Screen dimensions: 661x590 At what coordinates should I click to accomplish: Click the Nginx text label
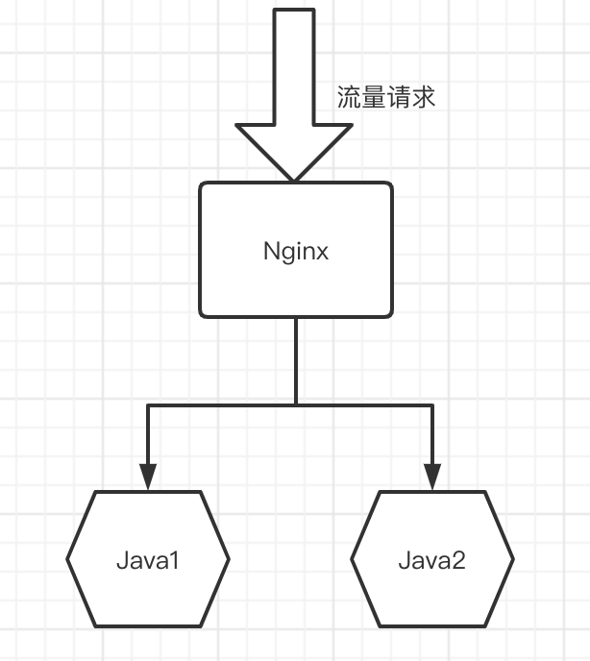click(x=296, y=252)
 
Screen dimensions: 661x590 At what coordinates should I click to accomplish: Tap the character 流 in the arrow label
click(x=349, y=97)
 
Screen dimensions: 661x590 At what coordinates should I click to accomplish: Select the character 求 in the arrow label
click(x=424, y=97)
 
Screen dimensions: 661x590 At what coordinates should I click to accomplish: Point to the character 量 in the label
click(x=374, y=97)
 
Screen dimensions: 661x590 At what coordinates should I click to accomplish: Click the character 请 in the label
click(x=399, y=97)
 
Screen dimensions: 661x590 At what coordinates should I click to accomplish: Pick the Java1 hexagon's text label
click(x=148, y=560)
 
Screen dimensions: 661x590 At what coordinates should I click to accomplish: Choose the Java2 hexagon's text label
click(x=431, y=560)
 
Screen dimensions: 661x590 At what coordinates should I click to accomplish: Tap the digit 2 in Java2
click(x=458, y=560)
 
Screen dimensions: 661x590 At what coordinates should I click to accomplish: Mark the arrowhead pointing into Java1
click(x=148, y=477)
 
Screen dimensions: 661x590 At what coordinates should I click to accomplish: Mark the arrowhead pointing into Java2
click(x=431, y=477)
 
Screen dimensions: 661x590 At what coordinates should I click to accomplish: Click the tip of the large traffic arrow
click(x=295, y=179)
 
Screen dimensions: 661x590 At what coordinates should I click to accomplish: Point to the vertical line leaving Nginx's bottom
click(x=295, y=360)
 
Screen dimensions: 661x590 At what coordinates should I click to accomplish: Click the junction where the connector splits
click(x=295, y=405)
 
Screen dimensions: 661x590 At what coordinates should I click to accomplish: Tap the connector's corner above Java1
click(x=148, y=405)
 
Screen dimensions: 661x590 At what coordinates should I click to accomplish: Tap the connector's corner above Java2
click(x=431, y=405)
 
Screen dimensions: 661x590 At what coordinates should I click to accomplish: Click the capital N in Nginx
click(x=270, y=252)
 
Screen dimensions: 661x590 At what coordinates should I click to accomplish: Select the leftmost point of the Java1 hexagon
click(x=68, y=558)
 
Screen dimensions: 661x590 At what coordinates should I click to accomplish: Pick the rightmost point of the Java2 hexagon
click(x=513, y=558)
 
